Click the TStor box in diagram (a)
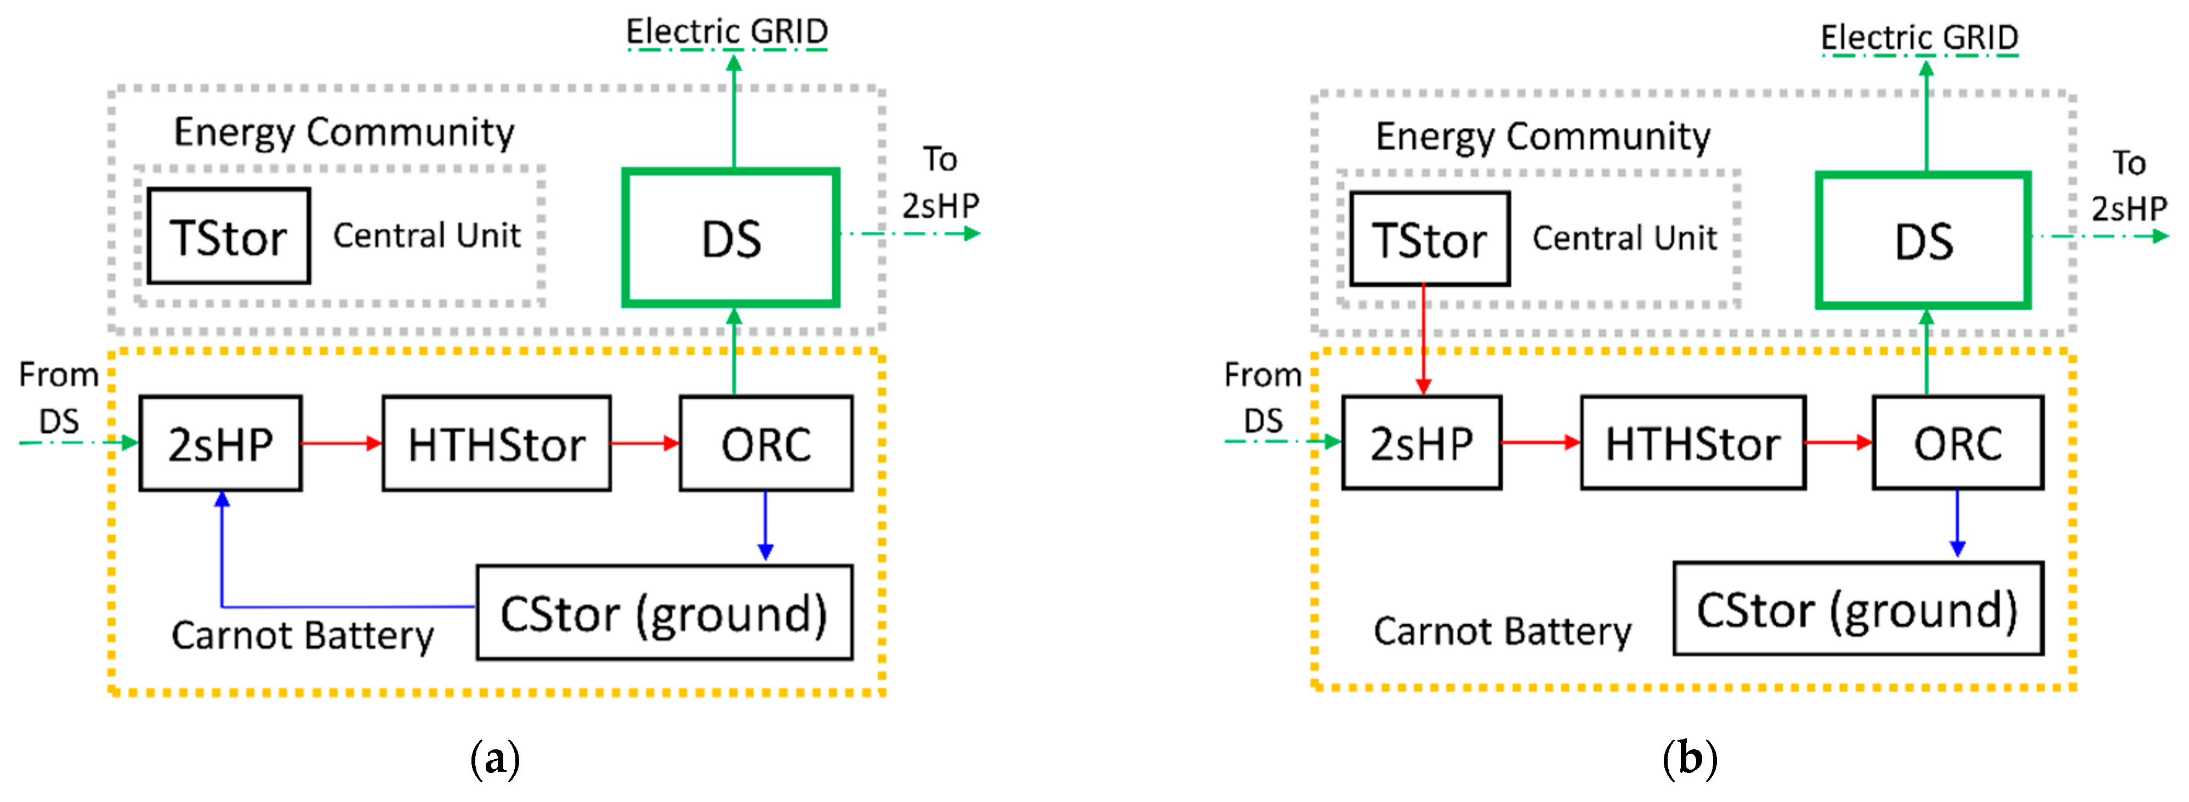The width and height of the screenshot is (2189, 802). point(228,236)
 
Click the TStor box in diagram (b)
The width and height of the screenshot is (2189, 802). point(1429,239)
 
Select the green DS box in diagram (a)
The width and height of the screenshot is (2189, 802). point(731,238)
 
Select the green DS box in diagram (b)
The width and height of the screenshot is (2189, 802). point(1923,241)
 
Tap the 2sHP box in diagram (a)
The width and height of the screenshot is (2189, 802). point(220,443)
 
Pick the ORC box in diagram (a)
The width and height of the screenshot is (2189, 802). point(766,443)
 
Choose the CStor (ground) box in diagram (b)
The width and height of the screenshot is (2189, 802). point(1857,609)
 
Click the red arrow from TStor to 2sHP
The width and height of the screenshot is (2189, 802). point(1423,340)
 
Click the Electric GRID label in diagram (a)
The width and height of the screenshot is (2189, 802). point(726,32)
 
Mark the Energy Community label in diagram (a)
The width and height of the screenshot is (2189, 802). point(344,133)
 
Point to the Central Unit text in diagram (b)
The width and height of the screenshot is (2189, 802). point(1624,238)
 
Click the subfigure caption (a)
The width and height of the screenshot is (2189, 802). point(494,758)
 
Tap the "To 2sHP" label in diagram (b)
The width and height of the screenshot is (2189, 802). point(2129,185)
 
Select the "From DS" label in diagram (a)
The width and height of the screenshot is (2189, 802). point(59,397)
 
